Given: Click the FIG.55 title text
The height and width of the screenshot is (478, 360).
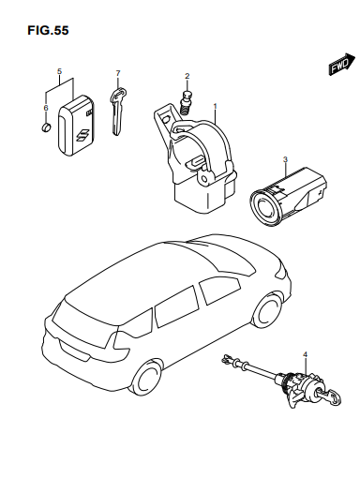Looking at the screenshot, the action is tap(48, 30).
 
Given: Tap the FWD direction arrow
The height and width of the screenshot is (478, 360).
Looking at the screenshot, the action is tap(341, 64).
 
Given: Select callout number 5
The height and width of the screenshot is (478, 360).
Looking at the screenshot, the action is tap(59, 71).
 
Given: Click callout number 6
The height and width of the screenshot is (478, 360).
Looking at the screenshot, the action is tap(46, 108).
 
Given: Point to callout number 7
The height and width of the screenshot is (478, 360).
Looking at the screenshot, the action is tap(118, 73).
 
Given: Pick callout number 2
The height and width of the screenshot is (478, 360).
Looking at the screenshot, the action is tap(187, 76).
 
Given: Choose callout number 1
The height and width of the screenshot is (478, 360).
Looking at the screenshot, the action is tap(215, 106).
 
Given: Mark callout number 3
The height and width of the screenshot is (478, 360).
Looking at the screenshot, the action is tap(285, 159).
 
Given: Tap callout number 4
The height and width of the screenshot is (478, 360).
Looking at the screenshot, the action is tap(306, 354).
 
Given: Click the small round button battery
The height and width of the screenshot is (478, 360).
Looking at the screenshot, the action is tap(46, 127).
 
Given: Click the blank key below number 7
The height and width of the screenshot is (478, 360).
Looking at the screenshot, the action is tap(117, 112).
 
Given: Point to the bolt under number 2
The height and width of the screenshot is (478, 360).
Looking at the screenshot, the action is tap(187, 100).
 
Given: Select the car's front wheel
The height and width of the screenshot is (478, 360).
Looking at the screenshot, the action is tap(267, 311).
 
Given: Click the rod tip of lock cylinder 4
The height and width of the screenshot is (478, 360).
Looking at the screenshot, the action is tap(226, 359).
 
